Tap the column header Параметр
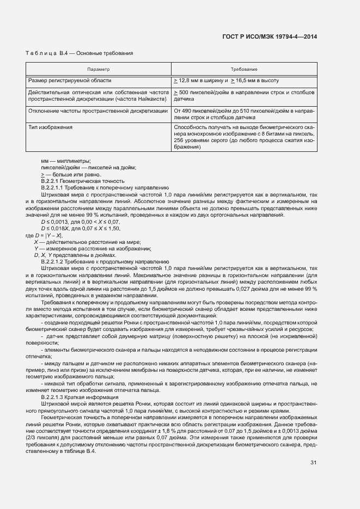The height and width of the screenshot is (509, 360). pos(99,70)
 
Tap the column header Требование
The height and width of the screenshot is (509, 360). pos(244,70)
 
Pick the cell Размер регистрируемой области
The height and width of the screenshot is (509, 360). pos(70,81)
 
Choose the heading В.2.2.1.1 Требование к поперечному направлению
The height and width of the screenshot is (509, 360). pos(105,187)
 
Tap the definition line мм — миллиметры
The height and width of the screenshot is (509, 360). pos(65,161)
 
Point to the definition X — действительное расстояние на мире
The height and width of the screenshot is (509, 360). pos(87,242)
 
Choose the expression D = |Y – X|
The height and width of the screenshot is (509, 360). pos(44,235)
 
